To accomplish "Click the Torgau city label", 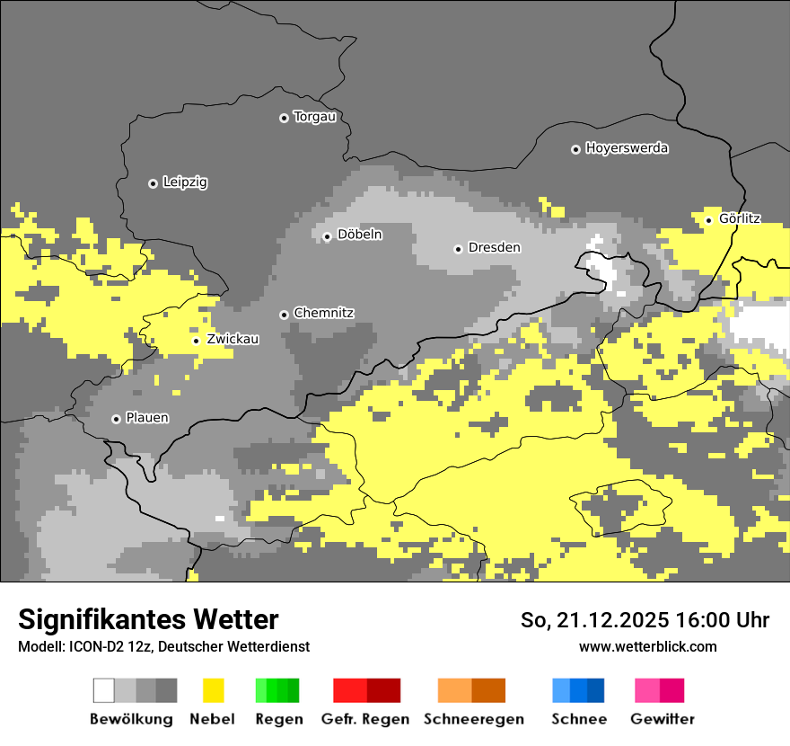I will [314, 117].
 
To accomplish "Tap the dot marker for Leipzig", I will [153, 183].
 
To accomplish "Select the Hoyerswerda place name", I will [627, 148].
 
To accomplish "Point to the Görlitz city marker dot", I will [708, 220].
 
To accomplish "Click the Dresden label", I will [494, 247].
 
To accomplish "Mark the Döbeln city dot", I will [327, 237].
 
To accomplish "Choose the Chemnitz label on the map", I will [323, 313].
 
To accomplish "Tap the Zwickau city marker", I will [196, 341].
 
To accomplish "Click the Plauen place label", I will [147, 418].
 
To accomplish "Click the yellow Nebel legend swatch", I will [213, 690].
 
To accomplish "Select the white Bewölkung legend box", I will [104, 690].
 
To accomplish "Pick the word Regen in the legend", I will [278, 719].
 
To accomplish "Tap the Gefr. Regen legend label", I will [364, 719].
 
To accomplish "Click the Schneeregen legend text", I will [473, 719].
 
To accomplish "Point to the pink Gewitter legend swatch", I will [647, 690].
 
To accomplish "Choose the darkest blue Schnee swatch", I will [596, 690].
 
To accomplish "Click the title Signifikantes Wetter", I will [148, 619].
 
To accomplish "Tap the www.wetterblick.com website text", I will [647, 646].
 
